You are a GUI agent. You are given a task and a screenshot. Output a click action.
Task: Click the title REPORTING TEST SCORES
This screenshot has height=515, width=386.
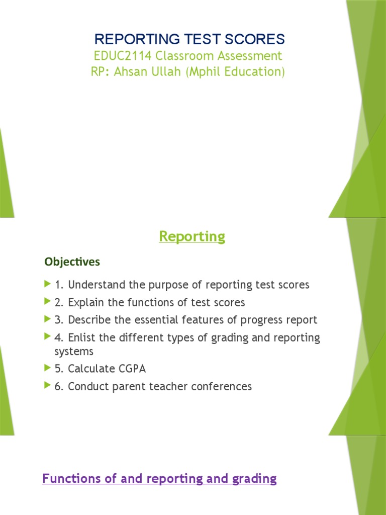coord(189,39)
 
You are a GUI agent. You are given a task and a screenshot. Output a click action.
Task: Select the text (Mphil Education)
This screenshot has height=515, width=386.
coord(236,71)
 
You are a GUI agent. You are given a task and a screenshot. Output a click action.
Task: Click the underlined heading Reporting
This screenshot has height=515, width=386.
coord(192,236)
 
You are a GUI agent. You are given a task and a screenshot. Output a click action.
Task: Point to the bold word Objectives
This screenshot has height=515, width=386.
coord(72,262)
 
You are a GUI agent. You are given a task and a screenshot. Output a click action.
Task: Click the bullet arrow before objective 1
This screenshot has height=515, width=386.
coord(48,284)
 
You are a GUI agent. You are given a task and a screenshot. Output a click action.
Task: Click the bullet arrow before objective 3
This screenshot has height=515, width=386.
coord(48,319)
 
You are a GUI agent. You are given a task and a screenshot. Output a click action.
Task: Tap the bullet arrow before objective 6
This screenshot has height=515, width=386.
coord(48,386)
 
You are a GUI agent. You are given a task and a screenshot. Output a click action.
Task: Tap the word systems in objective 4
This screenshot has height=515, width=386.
coord(74,352)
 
